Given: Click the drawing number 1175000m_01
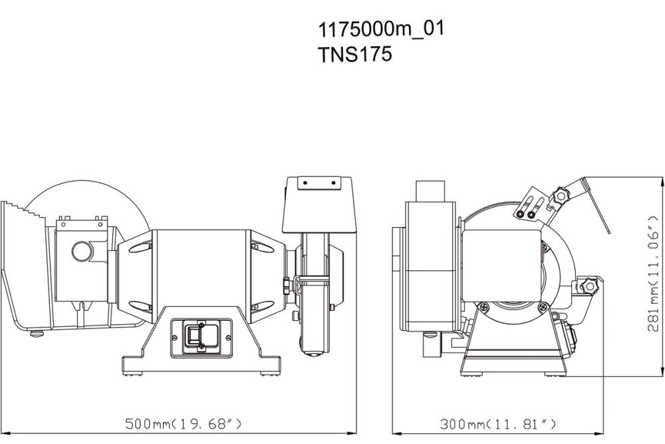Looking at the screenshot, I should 380,29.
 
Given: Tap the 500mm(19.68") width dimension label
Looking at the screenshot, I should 184,423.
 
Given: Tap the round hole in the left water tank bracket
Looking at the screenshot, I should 83,252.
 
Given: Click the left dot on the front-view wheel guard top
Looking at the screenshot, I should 302,181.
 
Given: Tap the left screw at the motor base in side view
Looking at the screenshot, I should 485,307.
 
